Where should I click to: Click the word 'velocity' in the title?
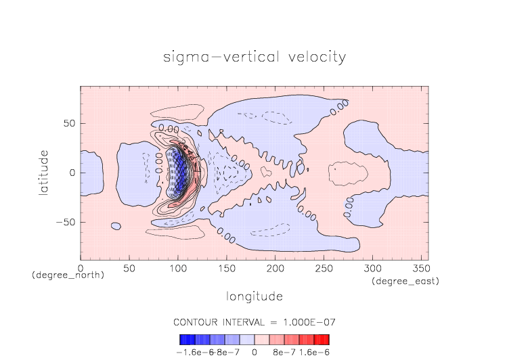coord(314,57)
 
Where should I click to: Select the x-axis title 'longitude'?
coord(254,296)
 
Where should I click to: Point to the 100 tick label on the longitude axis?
coord(177,269)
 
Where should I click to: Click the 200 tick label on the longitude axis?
coord(274,269)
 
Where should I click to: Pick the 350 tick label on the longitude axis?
coord(420,269)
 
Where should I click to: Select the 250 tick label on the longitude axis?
coord(323,269)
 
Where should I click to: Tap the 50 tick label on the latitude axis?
coord(68,124)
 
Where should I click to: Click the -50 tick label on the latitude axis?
coord(65,222)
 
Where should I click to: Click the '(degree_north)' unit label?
coord(68,275)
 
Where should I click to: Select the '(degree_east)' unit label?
coord(405,281)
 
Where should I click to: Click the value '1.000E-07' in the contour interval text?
coord(308,321)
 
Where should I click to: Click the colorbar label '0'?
coord(255,352)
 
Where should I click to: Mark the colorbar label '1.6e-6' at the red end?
coord(315,352)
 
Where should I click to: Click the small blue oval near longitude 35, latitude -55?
coord(116,226)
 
